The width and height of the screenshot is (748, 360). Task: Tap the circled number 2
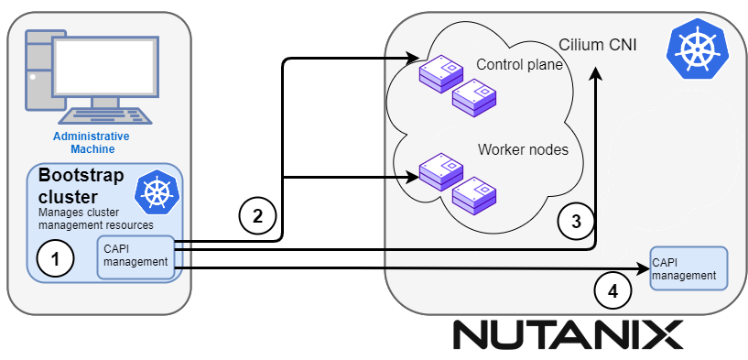tap(257, 216)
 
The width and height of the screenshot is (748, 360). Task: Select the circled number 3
tap(575, 221)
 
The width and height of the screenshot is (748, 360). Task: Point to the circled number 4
tap(613, 291)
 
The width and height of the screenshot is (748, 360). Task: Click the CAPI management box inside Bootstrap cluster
tap(136, 255)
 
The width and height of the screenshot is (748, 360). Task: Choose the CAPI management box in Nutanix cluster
tap(688, 267)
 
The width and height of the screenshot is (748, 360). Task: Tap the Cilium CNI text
tap(597, 43)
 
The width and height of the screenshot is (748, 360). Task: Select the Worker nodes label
tap(523, 149)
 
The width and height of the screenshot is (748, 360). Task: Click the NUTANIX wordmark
tap(568, 334)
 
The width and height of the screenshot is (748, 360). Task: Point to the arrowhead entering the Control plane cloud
tap(411, 60)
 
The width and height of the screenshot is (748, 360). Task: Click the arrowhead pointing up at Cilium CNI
tap(597, 78)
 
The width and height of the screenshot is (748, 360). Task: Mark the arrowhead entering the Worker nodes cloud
tap(411, 178)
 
